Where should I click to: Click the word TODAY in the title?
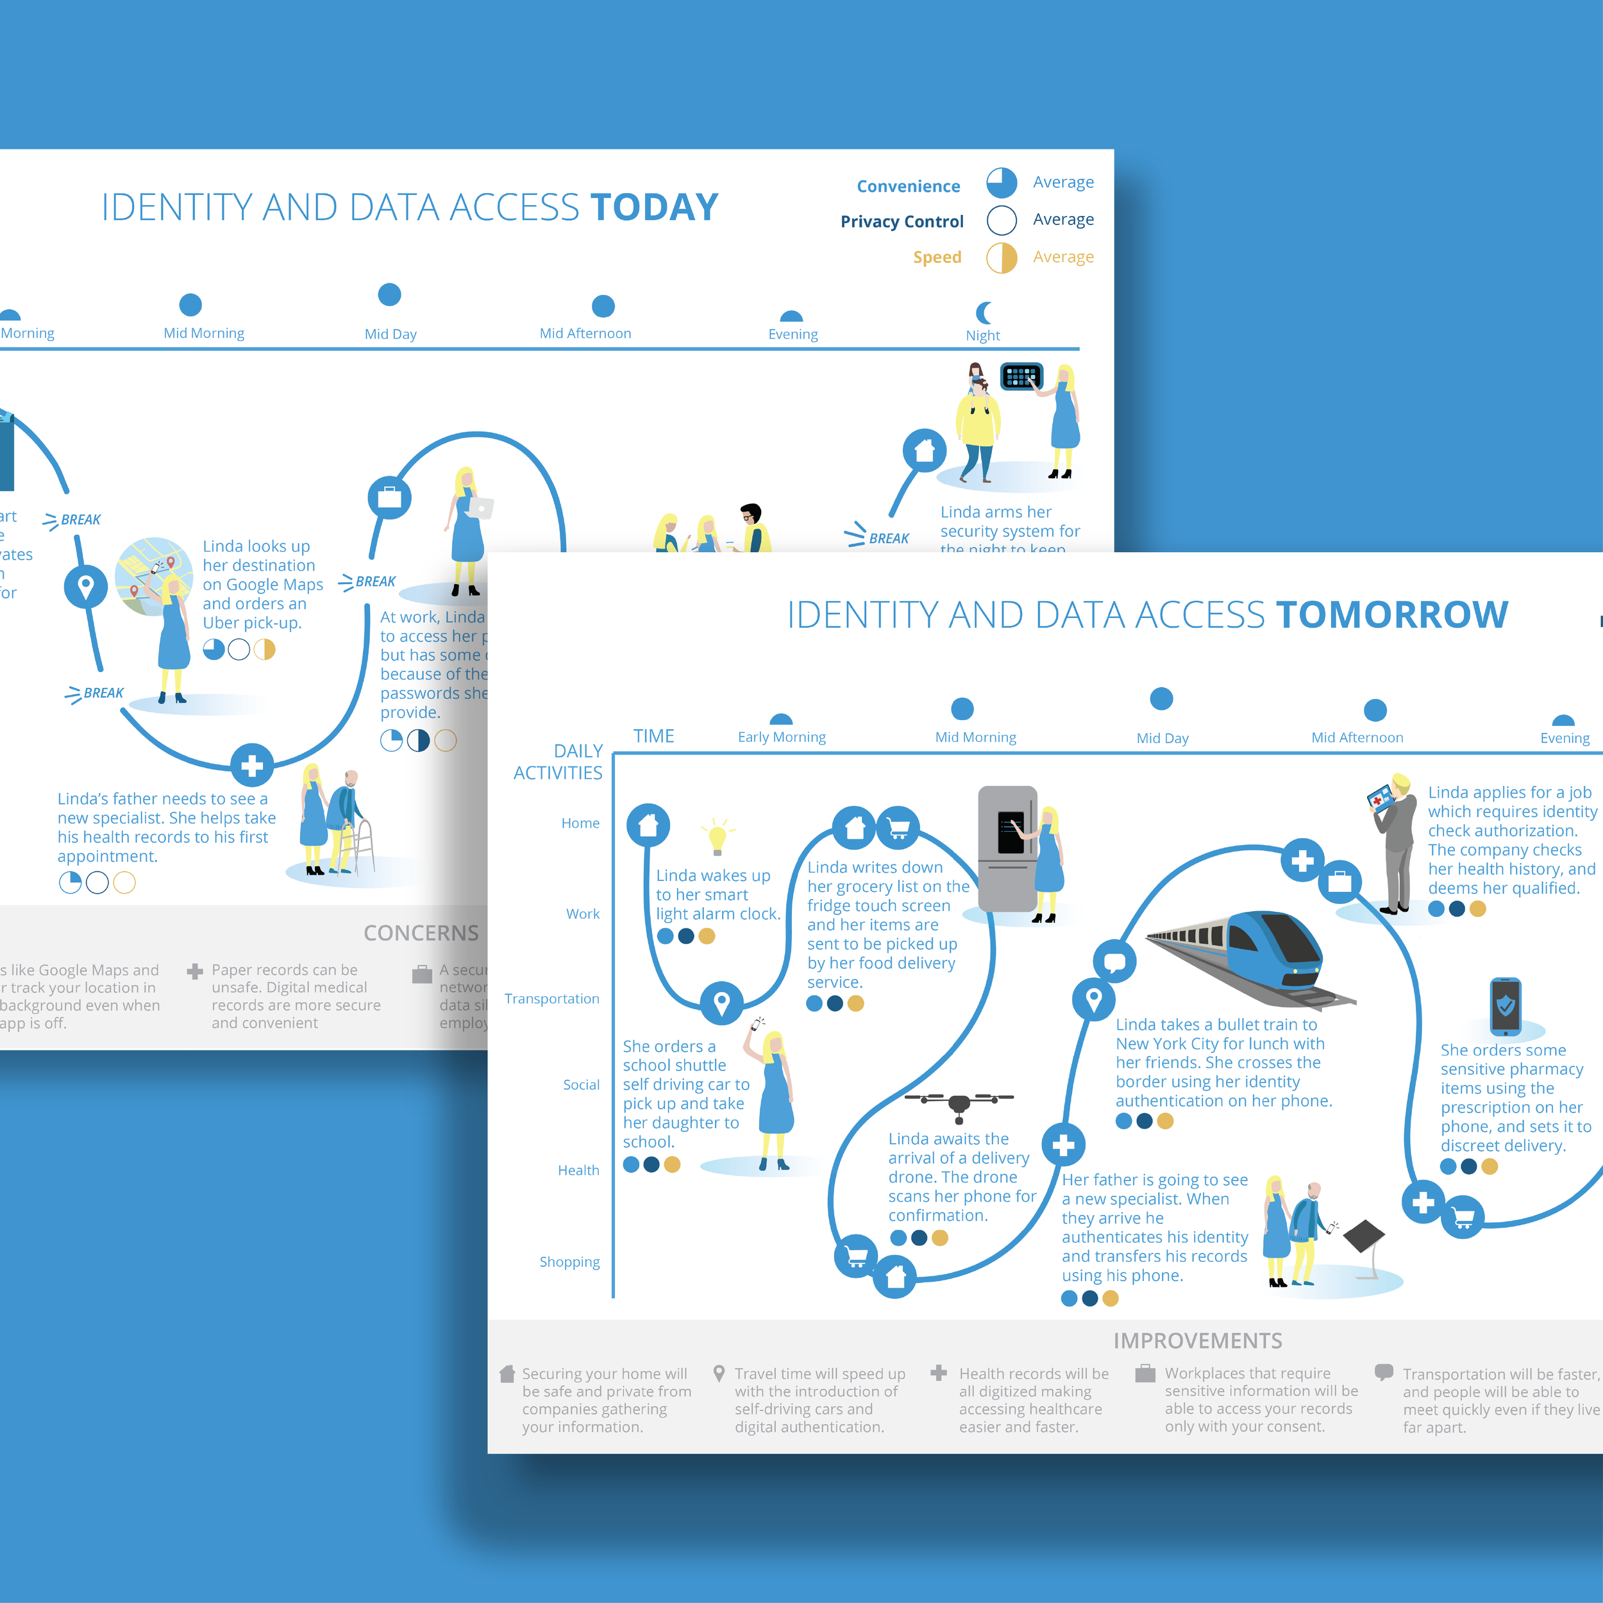(x=654, y=207)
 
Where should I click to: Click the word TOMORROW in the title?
(x=1391, y=615)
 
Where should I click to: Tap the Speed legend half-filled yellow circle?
(x=1002, y=257)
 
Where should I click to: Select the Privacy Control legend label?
(x=902, y=221)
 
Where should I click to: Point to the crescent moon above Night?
(x=984, y=313)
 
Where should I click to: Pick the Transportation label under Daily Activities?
(x=552, y=999)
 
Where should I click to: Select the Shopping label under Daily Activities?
(x=569, y=1262)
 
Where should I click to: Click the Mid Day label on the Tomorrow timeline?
(x=1162, y=739)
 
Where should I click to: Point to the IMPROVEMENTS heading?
(x=1197, y=1341)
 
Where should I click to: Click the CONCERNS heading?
(x=421, y=934)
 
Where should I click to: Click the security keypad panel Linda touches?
(x=1021, y=376)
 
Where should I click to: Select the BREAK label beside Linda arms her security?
(x=889, y=539)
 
